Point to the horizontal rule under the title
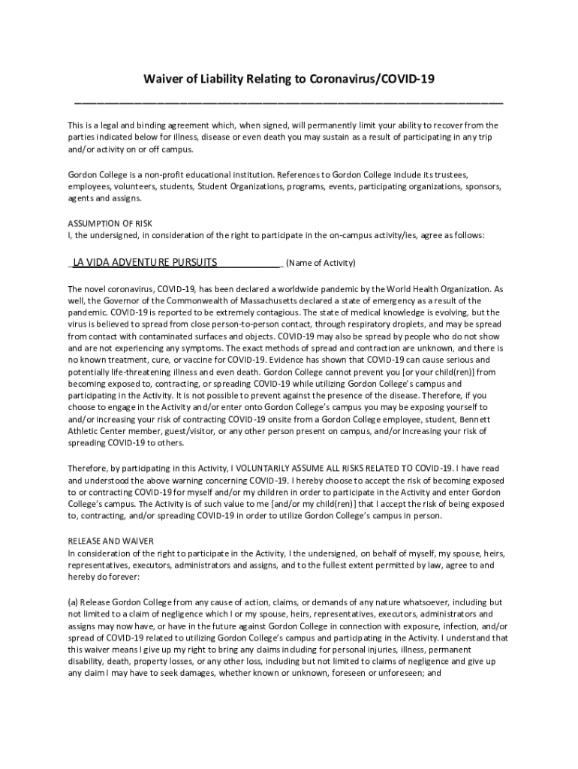[x=289, y=100]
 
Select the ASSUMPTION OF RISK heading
[x=110, y=223]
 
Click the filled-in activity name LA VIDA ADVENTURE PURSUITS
[x=145, y=262]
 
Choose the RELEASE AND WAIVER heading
[x=110, y=541]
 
